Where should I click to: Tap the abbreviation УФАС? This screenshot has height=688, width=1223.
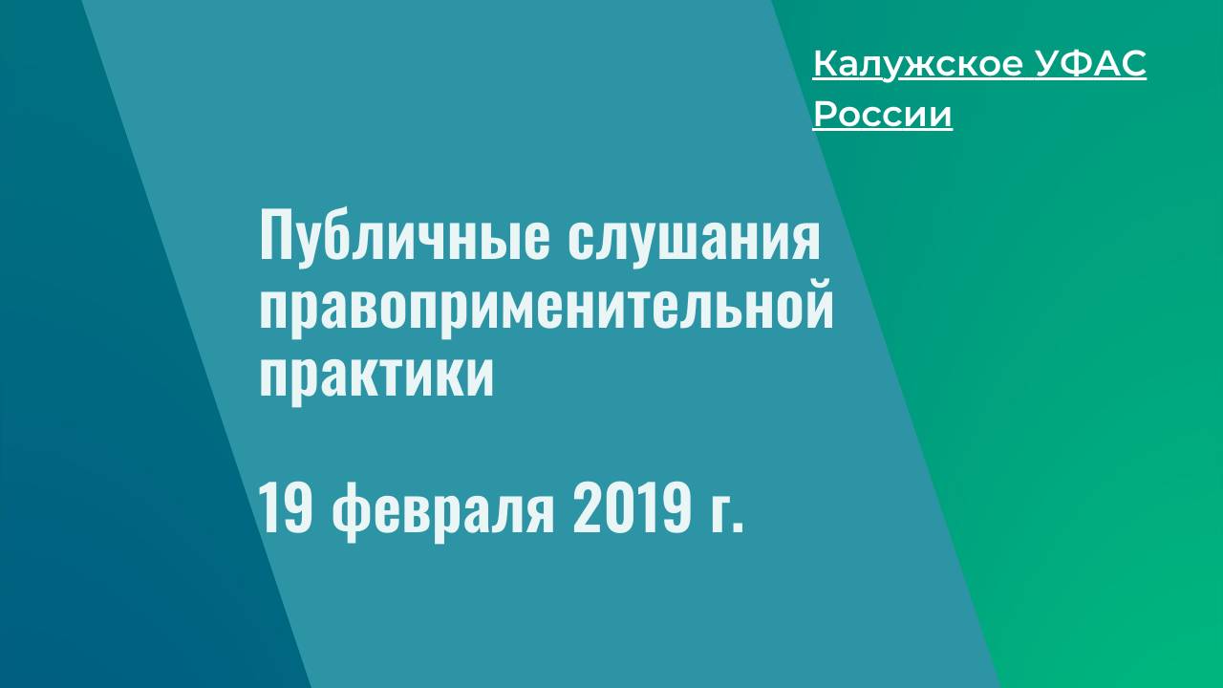coord(1090,63)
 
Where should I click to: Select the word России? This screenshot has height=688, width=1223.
coord(882,115)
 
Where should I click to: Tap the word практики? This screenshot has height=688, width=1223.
coord(376,376)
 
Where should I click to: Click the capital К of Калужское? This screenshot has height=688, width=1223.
coord(826,63)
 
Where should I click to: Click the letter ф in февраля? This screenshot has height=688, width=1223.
coord(351,512)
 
